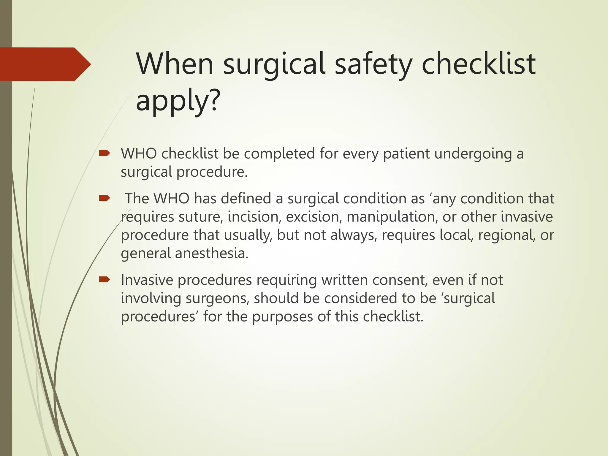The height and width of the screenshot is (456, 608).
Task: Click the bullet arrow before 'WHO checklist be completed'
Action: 104,153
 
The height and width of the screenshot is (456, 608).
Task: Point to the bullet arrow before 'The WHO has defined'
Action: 104,198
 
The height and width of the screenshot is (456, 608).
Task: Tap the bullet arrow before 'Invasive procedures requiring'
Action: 104,279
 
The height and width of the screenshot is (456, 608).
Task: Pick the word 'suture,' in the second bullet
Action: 201,217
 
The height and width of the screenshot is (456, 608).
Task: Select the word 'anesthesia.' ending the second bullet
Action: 211,253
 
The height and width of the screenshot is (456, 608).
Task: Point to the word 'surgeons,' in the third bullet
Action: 217,298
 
